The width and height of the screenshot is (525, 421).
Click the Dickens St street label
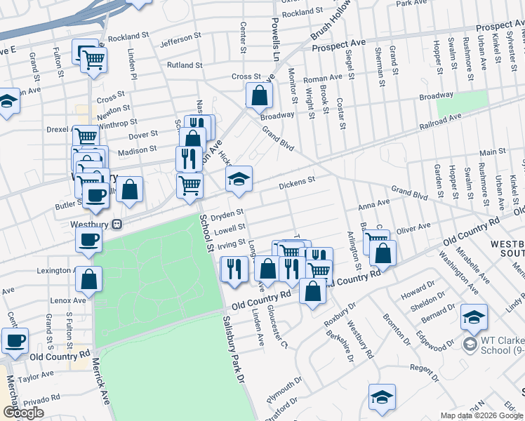pyautogui.click(x=297, y=184)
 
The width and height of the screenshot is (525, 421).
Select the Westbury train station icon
pyautogui.click(x=117, y=225)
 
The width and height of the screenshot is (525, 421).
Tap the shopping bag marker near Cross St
pyautogui.click(x=259, y=96)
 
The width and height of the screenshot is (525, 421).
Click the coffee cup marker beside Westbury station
pyautogui.click(x=89, y=239)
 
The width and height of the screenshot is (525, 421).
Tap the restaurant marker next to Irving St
pyautogui.click(x=233, y=268)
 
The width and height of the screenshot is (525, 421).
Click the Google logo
pyautogui.click(x=23, y=413)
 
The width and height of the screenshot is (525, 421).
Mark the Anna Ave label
pyautogui.click(x=373, y=205)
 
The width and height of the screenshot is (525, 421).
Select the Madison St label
pyautogui.click(x=138, y=151)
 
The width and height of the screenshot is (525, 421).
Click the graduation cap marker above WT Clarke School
pyautogui.click(x=474, y=316)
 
